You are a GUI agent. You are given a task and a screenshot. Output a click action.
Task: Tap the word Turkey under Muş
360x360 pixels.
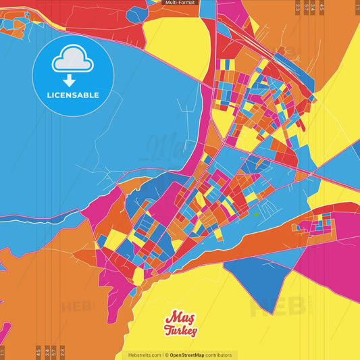click(x=180, y=331)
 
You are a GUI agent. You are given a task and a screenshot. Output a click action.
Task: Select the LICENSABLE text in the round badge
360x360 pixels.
click(x=73, y=95)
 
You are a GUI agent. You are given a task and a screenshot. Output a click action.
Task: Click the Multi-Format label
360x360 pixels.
click(x=180, y=3)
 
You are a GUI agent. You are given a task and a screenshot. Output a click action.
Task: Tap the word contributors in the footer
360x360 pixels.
click(x=220, y=355)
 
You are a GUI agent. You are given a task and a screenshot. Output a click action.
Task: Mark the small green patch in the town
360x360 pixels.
click(x=257, y=215)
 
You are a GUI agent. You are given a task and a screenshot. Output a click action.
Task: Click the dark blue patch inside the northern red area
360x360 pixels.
click(x=137, y=14)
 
